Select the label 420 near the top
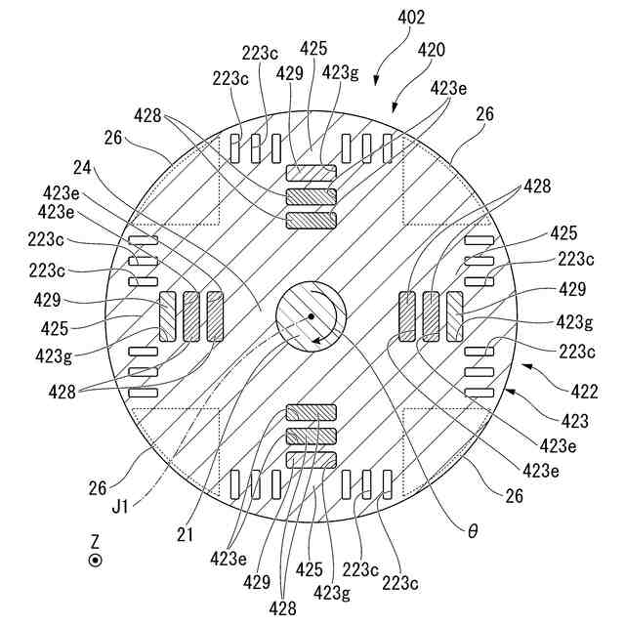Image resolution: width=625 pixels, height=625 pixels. (x=433, y=49)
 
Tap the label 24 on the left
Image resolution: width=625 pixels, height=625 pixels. (x=81, y=167)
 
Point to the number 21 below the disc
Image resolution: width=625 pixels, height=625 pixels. (x=186, y=534)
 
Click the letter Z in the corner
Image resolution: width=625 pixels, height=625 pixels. (x=95, y=540)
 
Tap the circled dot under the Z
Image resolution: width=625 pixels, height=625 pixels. (x=95, y=561)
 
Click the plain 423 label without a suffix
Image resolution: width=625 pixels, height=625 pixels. (x=575, y=422)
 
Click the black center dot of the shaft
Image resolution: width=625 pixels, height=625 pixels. (x=311, y=316)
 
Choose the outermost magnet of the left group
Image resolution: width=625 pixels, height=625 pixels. (x=167, y=316)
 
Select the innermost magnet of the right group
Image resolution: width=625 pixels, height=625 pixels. (x=407, y=316)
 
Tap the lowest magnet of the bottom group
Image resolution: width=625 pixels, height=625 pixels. (x=311, y=459)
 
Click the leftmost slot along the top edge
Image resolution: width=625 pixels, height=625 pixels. (x=234, y=147)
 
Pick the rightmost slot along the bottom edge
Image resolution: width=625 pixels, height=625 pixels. (x=388, y=483)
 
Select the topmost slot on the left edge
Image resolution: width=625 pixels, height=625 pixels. (x=143, y=240)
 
